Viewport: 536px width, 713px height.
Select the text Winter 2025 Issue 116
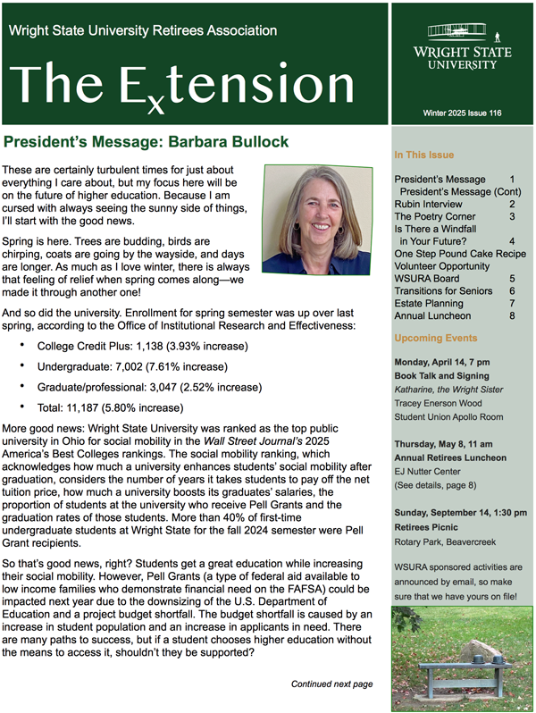[462, 113]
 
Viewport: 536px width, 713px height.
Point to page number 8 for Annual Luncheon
[512, 315]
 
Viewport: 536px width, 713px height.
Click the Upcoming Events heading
[436, 339]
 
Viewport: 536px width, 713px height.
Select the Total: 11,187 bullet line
[110, 407]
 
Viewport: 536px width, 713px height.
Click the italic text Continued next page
[331, 684]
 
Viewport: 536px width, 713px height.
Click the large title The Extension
[174, 85]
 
